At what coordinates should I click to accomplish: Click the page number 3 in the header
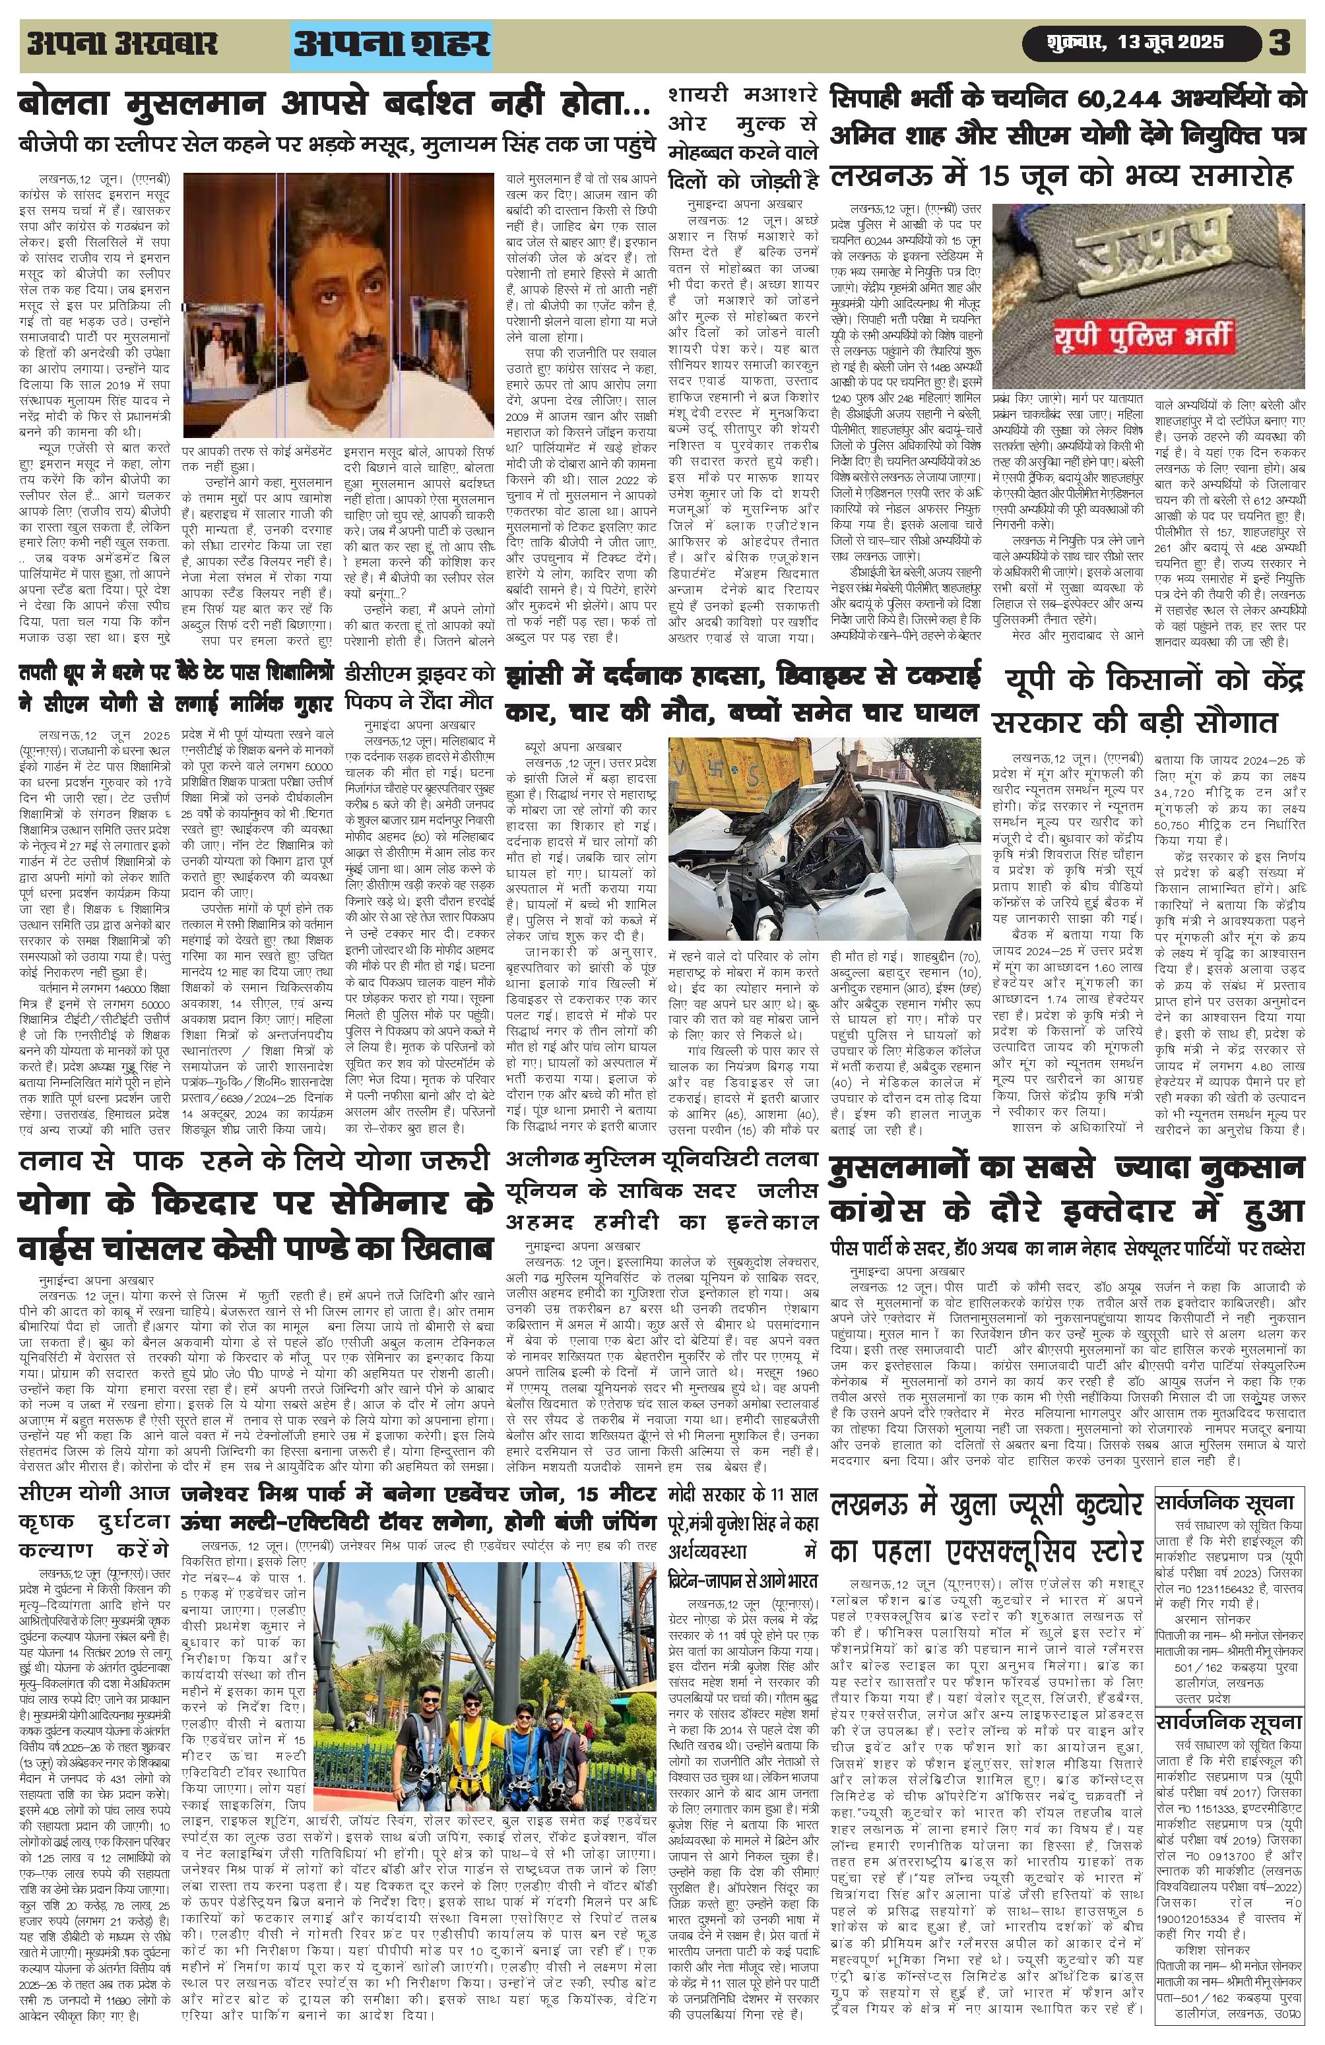pos(1280,43)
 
